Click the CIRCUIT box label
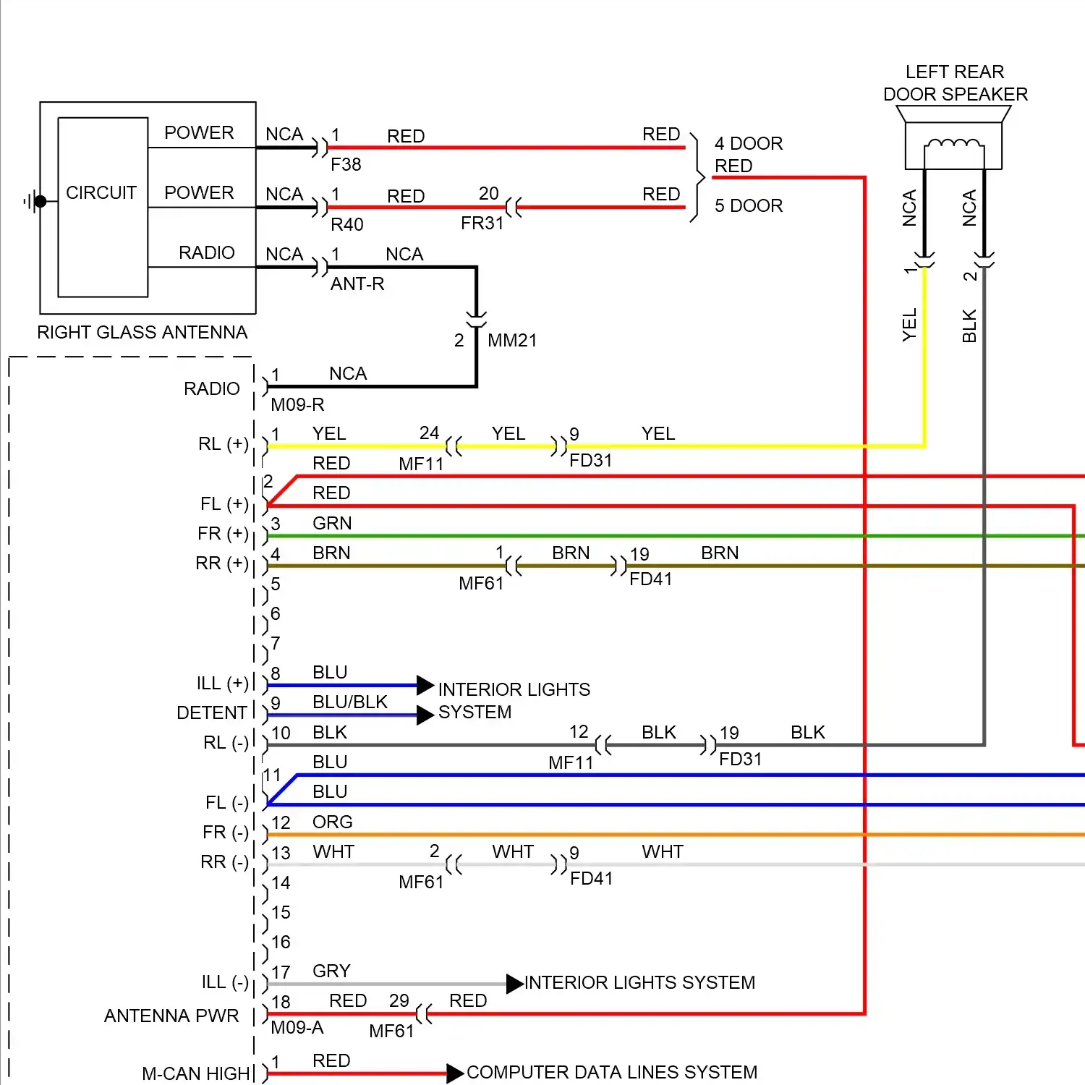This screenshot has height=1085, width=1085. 101,193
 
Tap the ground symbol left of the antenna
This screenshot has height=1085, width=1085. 33,202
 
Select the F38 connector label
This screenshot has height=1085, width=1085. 346,165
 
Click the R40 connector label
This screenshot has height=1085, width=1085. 346,225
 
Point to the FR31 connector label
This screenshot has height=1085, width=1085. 482,224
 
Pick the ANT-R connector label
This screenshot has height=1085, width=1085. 357,284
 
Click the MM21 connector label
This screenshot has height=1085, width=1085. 512,341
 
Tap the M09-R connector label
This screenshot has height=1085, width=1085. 297,405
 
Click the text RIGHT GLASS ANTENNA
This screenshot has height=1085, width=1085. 142,333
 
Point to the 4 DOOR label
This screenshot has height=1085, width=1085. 749,143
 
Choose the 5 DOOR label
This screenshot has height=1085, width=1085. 749,206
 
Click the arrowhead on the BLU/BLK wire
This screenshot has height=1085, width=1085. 425,715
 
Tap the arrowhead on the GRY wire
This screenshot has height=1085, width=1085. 514,984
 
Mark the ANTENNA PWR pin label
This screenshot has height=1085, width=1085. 171,1016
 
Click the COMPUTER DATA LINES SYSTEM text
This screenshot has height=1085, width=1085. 612,1072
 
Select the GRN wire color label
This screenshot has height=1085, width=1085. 332,524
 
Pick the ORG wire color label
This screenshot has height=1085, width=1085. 332,822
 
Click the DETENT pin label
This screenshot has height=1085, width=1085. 212,713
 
